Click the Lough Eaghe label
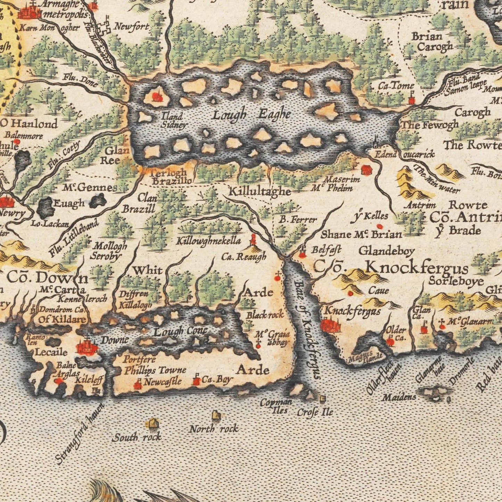coord(252,115)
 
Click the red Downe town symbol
coord(87,346)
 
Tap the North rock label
coord(214,429)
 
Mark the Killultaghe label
coord(260,191)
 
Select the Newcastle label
coord(163,381)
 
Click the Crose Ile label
coord(315,412)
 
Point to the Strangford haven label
coord(79,434)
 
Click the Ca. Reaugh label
coord(244,257)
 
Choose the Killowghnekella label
coord(208,241)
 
